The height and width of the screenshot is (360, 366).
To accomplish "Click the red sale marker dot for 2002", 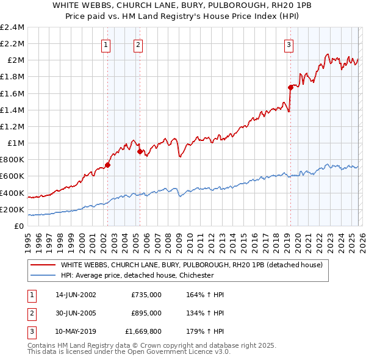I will click(x=108, y=165).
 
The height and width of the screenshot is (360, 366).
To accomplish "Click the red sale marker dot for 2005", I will click(x=140, y=151).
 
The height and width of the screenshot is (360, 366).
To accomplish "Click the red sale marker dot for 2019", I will click(x=290, y=87).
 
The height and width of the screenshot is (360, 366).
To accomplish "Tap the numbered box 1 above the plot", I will click(x=106, y=44).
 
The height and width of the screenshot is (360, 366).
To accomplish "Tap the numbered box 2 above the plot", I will click(x=138, y=44).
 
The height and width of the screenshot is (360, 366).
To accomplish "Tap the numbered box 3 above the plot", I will click(x=289, y=44).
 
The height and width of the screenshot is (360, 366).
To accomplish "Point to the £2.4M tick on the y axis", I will click(x=12, y=27).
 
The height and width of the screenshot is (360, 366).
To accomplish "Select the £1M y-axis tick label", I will click(x=15, y=143).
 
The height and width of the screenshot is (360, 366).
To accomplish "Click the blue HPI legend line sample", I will click(x=43, y=275).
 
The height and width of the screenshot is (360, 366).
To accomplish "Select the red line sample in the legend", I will click(x=43, y=265).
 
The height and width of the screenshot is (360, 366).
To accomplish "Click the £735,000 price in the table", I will click(x=146, y=295).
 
